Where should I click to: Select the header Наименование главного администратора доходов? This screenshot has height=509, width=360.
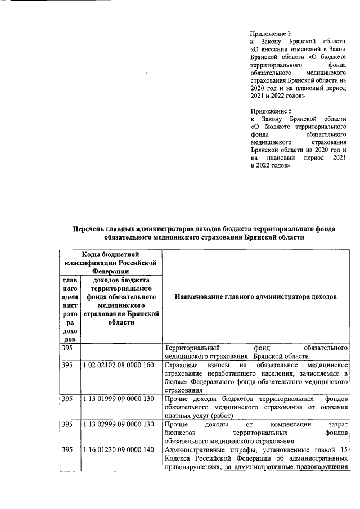pyautogui.click(x=256, y=296)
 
